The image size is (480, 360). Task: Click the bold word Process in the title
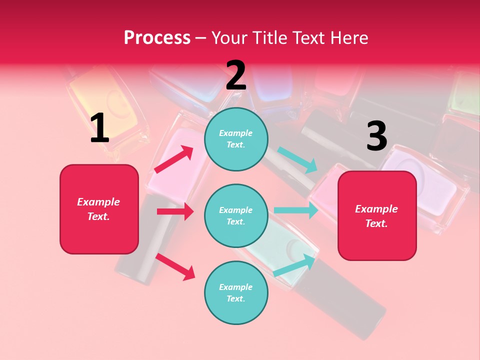[157, 37]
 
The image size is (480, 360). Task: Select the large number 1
[99, 128]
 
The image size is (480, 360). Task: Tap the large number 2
[236, 75]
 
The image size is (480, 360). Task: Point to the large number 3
[376, 136]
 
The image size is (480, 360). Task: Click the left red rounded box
[99, 209]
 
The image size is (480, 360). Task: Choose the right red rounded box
[377, 215]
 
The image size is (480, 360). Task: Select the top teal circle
[236, 139]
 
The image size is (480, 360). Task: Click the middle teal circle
[236, 215]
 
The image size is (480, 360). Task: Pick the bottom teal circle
[236, 292]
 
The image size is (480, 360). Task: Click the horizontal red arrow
[175, 211]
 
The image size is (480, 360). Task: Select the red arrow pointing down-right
[175, 266]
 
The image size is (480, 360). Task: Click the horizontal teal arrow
[296, 210]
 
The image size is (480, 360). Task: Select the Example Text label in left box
[99, 209]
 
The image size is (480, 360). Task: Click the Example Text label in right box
[377, 215]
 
